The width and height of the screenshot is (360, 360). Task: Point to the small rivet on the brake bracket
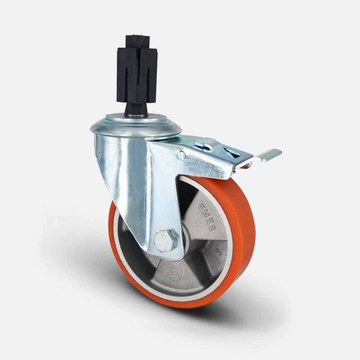[181, 156]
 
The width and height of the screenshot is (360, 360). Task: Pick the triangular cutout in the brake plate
[234, 153]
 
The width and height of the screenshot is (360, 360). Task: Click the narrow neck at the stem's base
[135, 110]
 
